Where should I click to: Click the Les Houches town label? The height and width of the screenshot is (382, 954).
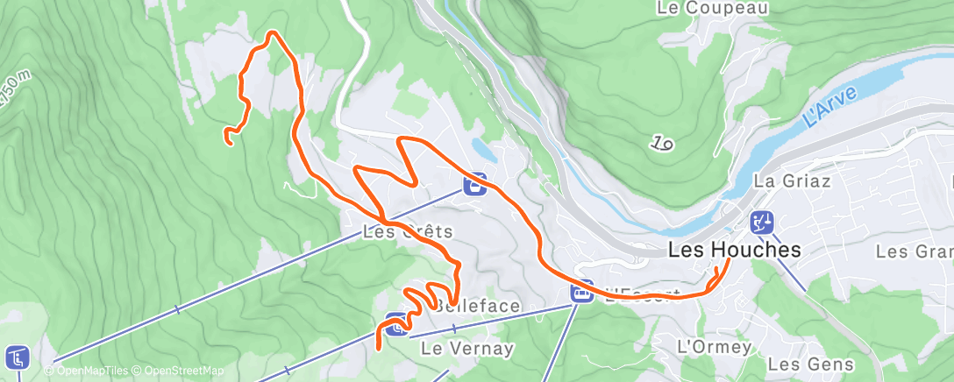[x=734, y=250]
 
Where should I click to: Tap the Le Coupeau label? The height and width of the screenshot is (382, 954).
[x=713, y=9]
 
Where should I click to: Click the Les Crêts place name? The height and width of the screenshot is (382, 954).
[x=408, y=232]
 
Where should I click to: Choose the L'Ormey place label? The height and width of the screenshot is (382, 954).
[x=714, y=347]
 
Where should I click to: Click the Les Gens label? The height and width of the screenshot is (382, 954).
[x=804, y=363]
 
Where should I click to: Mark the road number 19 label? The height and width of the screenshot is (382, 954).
[x=662, y=143]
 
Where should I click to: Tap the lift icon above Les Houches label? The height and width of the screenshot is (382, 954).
[x=761, y=223]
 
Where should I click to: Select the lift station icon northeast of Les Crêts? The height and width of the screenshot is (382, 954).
[x=475, y=185]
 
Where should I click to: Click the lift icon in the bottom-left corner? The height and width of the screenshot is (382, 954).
[x=17, y=357]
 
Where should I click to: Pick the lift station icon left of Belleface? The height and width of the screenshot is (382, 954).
[x=396, y=324]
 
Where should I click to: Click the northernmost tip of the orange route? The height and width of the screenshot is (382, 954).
[x=274, y=33]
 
